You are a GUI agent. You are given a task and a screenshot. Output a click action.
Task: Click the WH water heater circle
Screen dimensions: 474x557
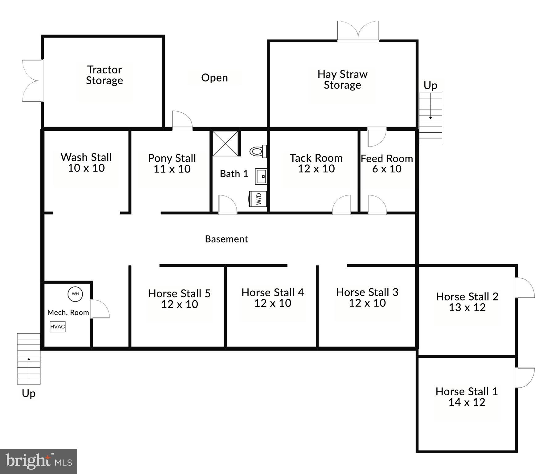pyautogui.click(x=75, y=294)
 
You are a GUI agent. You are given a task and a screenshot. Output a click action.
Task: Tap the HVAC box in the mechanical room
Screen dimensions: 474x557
pyautogui.click(x=58, y=326)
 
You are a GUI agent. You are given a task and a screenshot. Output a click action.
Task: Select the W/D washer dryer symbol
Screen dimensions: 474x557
pyautogui.click(x=258, y=198)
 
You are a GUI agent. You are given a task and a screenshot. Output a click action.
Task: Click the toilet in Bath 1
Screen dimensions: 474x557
pyautogui.click(x=258, y=151)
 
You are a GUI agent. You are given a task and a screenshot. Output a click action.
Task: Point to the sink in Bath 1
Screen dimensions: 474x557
pyautogui.click(x=261, y=176)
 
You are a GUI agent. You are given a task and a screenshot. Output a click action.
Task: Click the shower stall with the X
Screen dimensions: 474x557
pyautogui.click(x=225, y=143)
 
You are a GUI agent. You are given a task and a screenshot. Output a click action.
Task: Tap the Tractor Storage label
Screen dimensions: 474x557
pyautogui.click(x=105, y=75)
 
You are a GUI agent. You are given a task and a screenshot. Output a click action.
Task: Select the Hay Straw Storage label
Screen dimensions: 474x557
pyautogui.click(x=342, y=79)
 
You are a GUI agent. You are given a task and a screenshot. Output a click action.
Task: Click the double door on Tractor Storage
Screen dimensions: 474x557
pyautogui.click(x=32, y=81)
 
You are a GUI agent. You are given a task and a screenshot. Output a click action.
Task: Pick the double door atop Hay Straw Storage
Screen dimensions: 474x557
pyautogui.click(x=358, y=31)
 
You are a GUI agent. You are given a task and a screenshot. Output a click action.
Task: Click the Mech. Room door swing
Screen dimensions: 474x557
pyautogui.click(x=100, y=309)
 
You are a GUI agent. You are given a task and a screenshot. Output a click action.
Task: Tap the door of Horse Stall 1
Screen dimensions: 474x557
pyautogui.click(x=525, y=378)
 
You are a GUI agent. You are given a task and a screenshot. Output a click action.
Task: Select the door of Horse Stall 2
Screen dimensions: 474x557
pyautogui.click(x=525, y=288)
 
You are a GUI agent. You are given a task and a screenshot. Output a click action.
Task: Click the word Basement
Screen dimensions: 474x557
pyautogui.click(x=226, y=239)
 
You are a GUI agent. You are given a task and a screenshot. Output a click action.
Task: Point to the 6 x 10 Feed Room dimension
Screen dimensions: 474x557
pyautogui.click(x=387, y=169)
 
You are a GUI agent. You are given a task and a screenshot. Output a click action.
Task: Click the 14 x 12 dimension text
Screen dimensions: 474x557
pyautogui.click(x=467, y=402)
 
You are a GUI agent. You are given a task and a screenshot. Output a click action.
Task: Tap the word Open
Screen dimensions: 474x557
pyautogui.click(x=214, y=78)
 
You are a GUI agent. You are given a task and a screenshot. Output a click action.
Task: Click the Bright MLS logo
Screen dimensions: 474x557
pyautogui.click(x=39, y=461)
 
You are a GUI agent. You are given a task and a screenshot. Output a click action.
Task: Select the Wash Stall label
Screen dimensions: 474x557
pyautogui.click(x=86, y=157)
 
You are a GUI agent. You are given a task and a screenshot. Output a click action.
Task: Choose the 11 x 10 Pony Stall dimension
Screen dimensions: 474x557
pyautogui.click(x=172, y=169)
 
